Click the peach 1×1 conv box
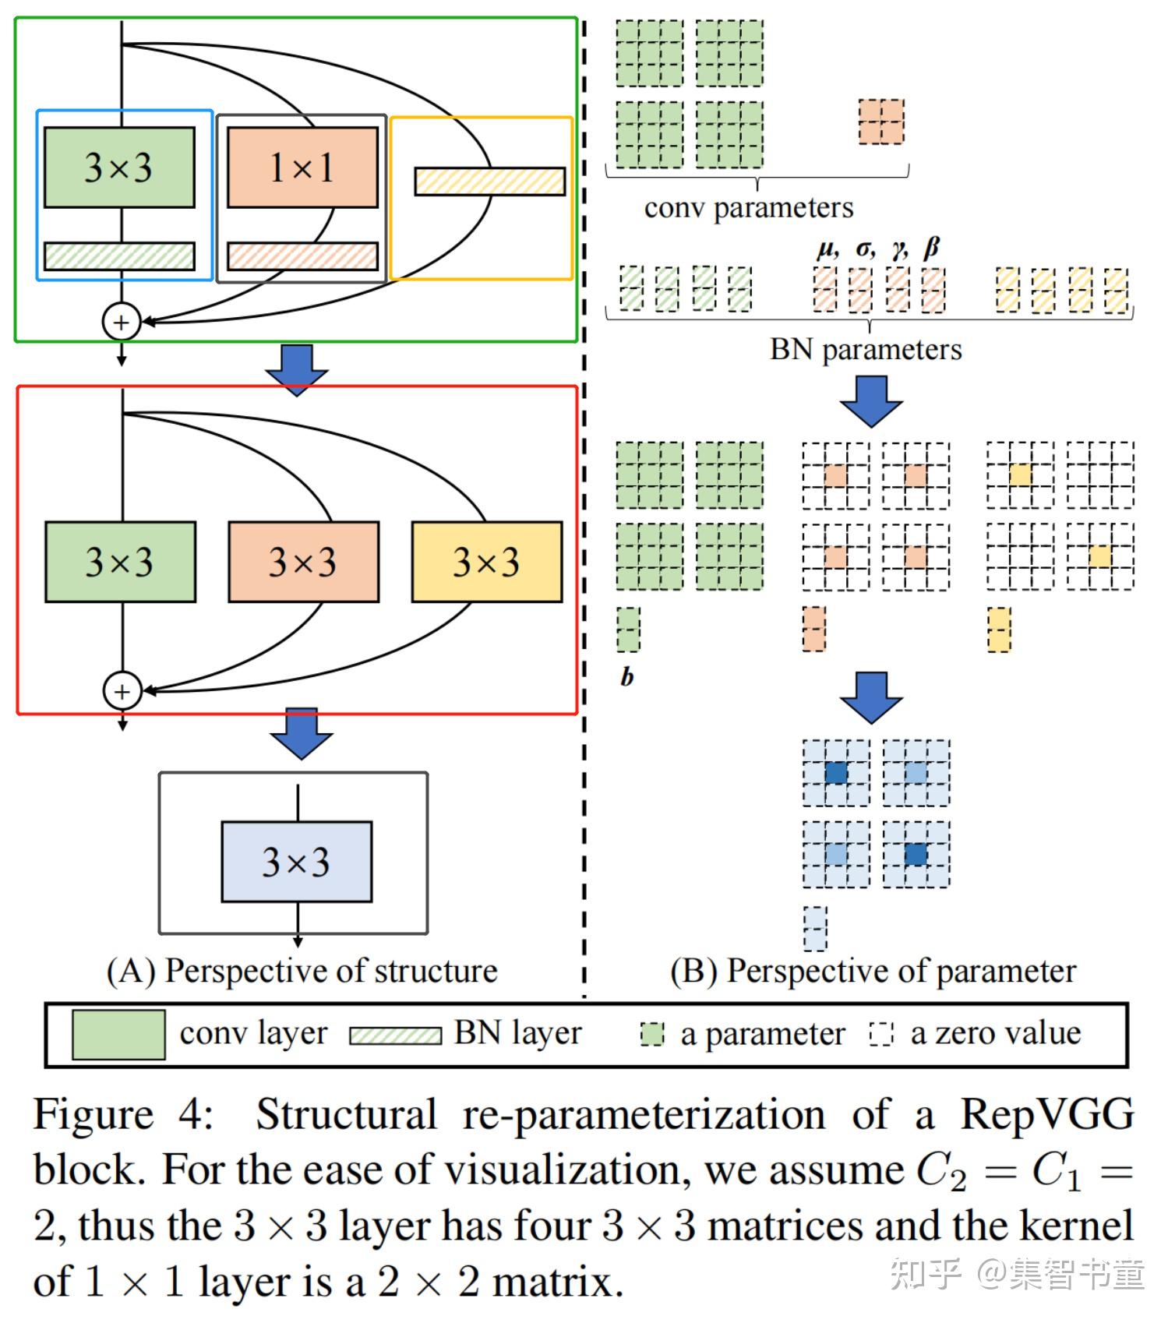point(302,168)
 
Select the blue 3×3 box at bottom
point(297,862)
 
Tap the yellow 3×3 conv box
point(487,562)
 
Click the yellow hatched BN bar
point(490,182)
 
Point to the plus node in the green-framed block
point(122,322)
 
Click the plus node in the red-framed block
point(122,690)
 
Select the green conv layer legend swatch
point(118,1035)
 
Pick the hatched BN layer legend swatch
point(395,1035)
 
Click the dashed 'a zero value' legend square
point(881,1034)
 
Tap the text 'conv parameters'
point(749,208)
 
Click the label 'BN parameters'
point(866,349)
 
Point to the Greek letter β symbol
point(931,249)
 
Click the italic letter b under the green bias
point(627,676)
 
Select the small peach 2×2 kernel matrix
point(881,122)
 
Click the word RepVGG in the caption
point(1046,1113)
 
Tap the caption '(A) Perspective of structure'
point(302,971)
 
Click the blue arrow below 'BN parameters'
point(871,401)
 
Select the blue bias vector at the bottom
point(815,928)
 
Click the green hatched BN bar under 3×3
point(119,256)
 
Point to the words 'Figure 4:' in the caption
point(123,1114)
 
